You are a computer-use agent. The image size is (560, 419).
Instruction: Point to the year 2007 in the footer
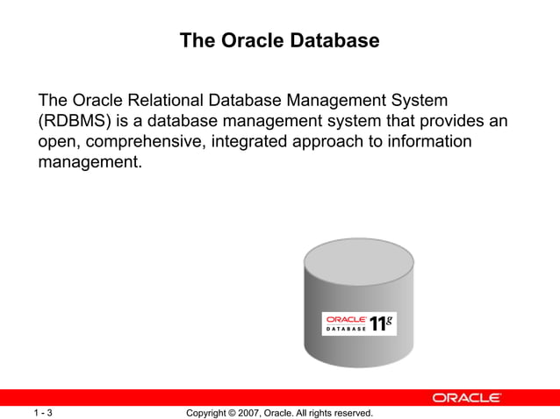(246, 412)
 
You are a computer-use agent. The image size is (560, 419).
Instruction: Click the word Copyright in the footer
(209, 412)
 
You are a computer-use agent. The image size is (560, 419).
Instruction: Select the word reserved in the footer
(351, 412)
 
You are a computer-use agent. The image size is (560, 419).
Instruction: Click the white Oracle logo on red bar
(466, 397)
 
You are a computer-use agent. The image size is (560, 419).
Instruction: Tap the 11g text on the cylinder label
(382, 323)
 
